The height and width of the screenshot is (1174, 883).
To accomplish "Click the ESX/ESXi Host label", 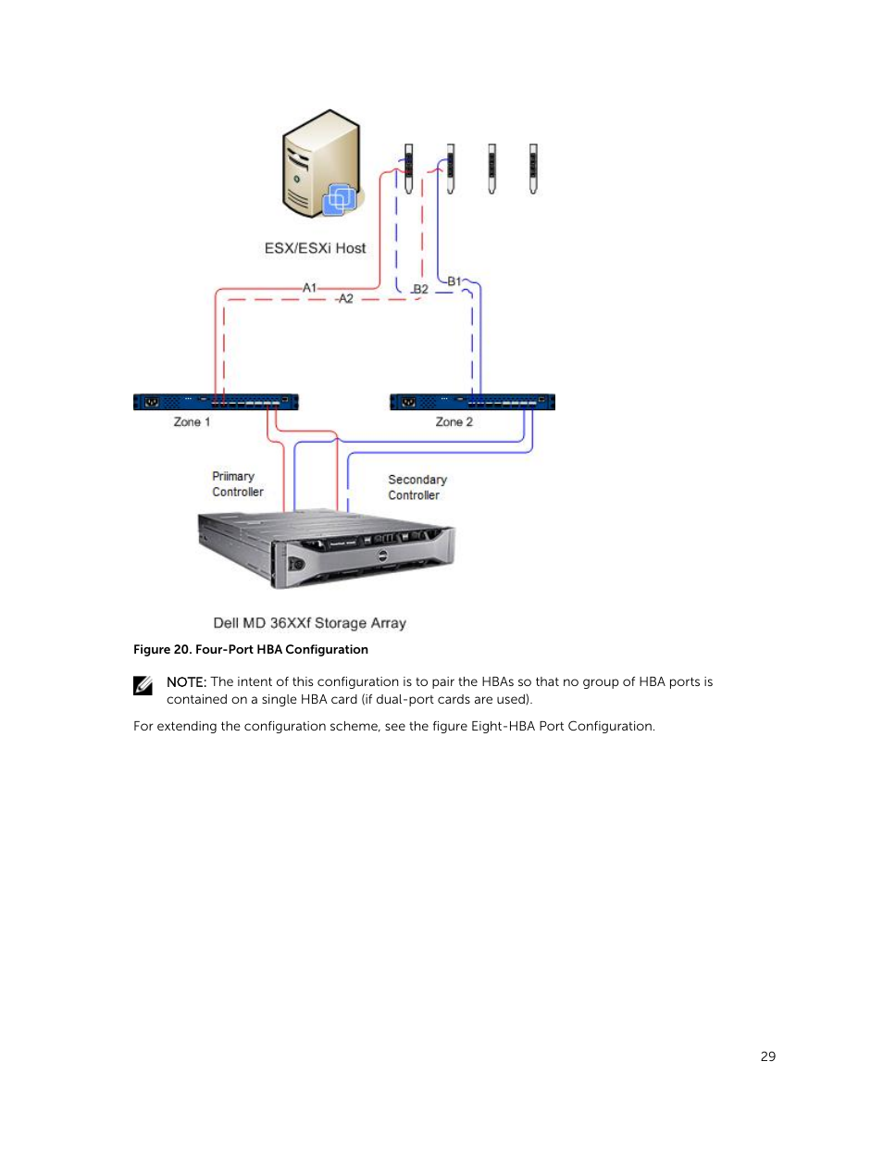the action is (315, 248).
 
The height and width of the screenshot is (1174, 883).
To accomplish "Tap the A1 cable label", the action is (309, 288).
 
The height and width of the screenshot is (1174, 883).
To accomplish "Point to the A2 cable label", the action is (346, 298).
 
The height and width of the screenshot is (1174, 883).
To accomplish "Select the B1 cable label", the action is (454, 281).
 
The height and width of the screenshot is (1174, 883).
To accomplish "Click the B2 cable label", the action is (420, 289).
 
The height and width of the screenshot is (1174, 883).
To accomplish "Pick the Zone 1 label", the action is (192, 422).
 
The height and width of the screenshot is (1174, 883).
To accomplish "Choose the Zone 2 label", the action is (454, 422).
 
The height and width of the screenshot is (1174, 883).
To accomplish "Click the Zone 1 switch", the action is (216, 402).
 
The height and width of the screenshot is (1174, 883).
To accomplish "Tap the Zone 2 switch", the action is (472, 402).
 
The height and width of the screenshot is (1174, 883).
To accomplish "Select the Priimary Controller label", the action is (238, 484).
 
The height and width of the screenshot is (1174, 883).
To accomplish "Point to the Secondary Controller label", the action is (417, 487).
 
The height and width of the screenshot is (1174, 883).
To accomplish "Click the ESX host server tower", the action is (322, 164).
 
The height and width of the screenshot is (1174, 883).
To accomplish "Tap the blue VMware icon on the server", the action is (339, 199).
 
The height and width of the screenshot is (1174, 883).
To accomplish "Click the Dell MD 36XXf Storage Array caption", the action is (309, 623).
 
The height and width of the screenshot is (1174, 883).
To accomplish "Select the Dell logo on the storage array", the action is (382, 557).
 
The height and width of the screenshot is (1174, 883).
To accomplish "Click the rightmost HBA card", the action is (533, 169).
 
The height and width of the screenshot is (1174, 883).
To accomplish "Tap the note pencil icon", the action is (143, 686).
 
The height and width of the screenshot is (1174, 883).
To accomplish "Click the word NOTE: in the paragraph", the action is (186, 682).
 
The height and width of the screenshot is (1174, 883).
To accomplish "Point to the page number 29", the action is (767, 1056).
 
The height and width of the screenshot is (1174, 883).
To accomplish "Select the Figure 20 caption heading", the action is (251, 649).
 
